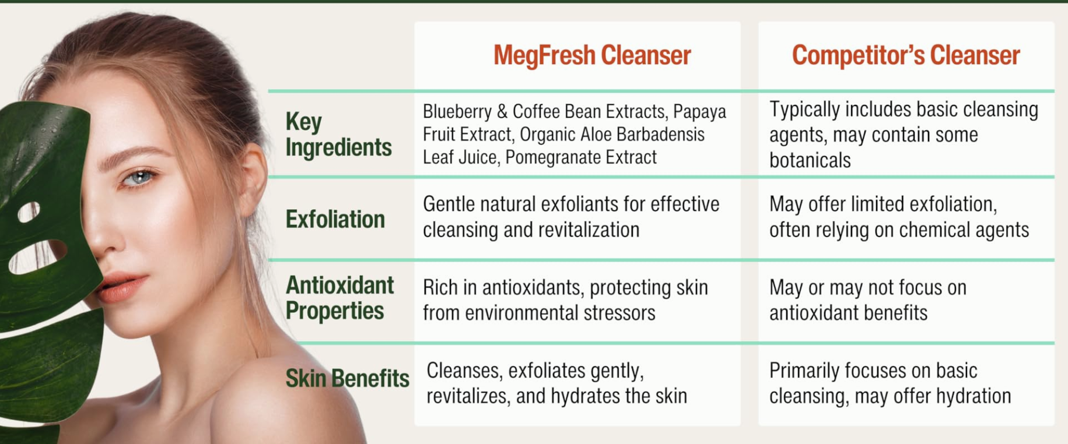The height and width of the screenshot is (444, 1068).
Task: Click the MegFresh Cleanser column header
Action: tap(592, 55)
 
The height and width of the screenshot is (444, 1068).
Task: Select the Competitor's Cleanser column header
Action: tap(906, 55)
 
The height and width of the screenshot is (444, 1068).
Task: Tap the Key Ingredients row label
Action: tap(338, 135)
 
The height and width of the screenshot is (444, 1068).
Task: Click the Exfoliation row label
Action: tap(335, 219)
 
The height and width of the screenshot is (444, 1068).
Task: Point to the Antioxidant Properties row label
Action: tap(339, 298)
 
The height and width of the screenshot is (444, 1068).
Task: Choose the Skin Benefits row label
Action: tap(348, 378)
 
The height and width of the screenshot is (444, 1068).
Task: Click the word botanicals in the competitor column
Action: tap(810, 160)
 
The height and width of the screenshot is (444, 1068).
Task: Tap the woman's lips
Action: tap(121, 287)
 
